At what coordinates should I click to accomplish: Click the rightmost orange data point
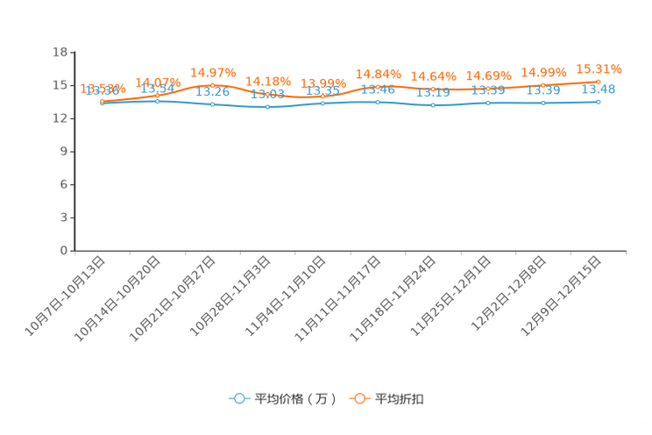599,82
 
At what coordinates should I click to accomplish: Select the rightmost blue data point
599,101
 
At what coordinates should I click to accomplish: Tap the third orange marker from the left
213,85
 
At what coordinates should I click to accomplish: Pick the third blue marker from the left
213,103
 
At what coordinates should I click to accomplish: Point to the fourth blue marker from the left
267,106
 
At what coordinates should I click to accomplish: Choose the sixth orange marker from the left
378,86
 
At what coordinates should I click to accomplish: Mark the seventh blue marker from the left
433,104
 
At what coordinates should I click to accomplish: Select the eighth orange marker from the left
488,88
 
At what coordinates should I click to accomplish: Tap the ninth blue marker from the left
543,103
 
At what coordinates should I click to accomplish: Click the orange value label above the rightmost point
599,68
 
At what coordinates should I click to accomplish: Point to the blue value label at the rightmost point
599,89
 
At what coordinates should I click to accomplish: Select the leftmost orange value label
103,88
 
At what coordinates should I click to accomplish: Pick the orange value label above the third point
213,72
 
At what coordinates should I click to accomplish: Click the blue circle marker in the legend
238,398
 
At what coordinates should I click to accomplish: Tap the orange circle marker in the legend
359,398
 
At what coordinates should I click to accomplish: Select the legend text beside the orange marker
400,399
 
